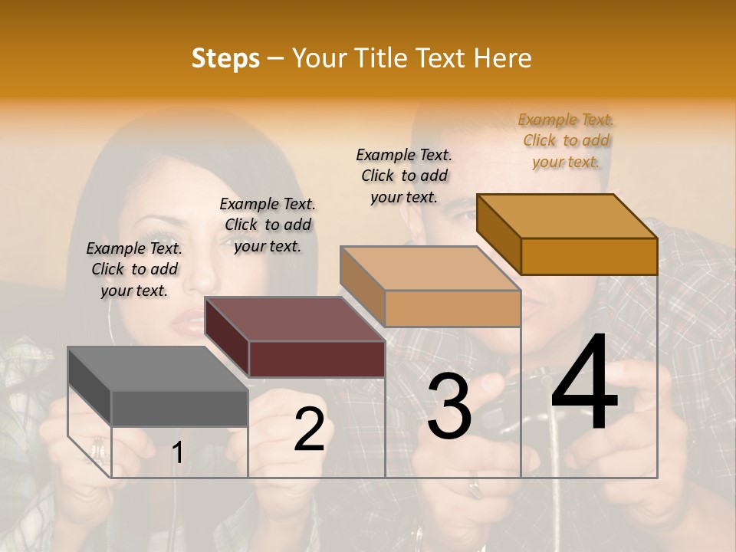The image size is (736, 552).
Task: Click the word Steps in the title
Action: point(225,58)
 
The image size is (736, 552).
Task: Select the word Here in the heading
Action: point(502,58)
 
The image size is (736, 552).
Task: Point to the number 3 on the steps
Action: point(449,407)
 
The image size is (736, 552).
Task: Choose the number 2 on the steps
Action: point(310,430)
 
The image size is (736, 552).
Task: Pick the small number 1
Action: point(178,453)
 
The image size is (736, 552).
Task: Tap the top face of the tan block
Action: point(430,268)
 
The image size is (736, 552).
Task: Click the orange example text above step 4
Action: point(567,140)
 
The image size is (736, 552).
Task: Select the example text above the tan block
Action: point(404,176)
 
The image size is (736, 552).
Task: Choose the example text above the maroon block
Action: point(268,225)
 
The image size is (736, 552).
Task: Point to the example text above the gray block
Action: point(134,269)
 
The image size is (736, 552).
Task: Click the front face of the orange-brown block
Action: point(589,256)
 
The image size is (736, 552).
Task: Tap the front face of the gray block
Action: point(179,408)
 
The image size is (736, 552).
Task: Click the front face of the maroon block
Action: point(317,359)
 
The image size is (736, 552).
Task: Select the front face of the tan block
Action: point(452,309)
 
